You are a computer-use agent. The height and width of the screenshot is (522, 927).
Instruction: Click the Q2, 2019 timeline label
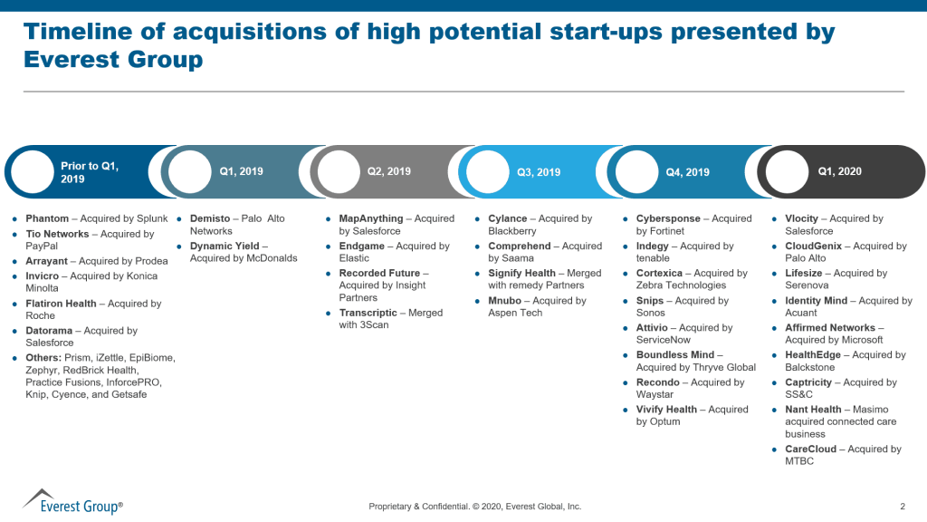tap(388, 171)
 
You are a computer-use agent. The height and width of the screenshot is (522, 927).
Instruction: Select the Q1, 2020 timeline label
tap(839, 171)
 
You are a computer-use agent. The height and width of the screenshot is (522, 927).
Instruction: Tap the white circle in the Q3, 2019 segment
tap(488, 172)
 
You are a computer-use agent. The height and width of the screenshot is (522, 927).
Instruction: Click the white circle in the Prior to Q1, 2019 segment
tap(32, 172)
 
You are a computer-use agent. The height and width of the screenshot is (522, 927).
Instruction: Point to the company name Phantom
tap(47, 218)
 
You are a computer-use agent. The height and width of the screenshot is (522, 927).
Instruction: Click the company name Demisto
tap(209, 218)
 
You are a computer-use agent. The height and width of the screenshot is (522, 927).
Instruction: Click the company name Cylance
tap(507, 218)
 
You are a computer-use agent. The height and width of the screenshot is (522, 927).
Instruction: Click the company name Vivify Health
tap(666, 410)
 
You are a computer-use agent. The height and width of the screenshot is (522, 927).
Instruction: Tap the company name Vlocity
tap(802, 218)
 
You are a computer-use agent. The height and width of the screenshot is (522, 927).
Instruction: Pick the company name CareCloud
tap(811, 449)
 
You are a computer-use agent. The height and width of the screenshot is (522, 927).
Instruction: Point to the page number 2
tap(903, 507)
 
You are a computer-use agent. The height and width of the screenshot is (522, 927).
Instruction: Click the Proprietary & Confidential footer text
tap(474, 507)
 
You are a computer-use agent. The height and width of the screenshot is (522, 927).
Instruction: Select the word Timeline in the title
tap(81, 32)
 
